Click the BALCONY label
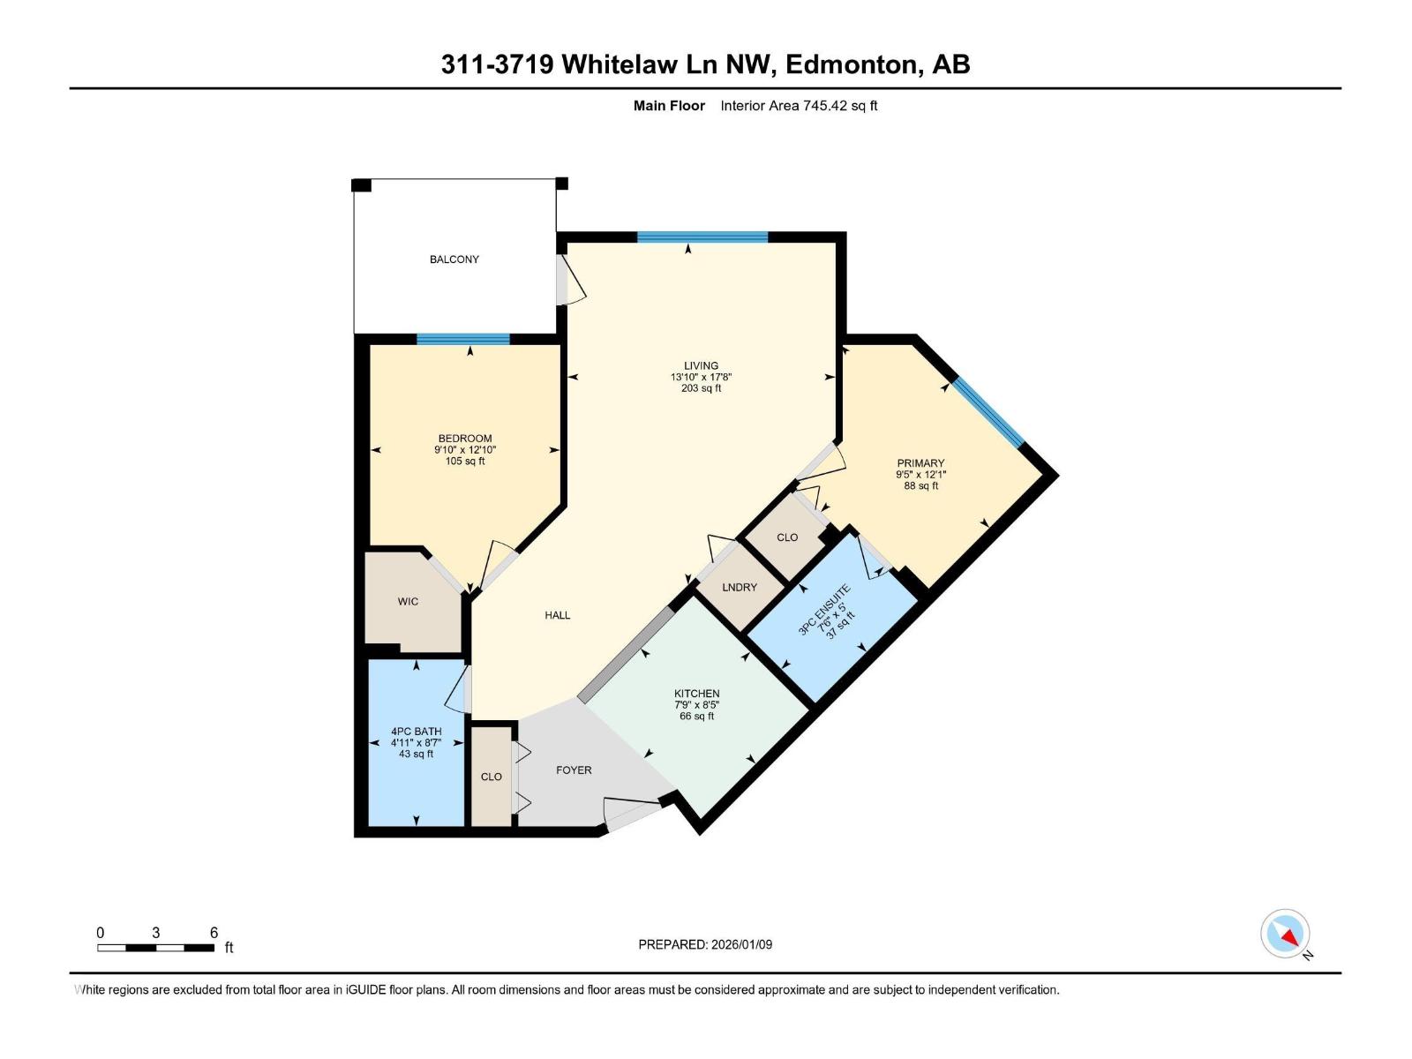[454, 259]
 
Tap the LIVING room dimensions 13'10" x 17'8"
[701, 377]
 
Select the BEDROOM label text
[465, 439]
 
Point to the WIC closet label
[408, 602]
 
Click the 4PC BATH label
[416, 732]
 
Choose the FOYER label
[574, 770]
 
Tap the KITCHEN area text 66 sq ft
[696, 717]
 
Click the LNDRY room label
[740, 588]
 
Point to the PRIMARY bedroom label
[920, 463]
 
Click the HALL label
[557, 616]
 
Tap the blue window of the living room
[702, 237]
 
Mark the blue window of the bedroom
[463, 339]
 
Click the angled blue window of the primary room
[988, 412]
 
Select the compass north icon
[1285, 934]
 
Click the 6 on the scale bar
[214, 933]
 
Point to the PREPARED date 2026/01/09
[740, 944]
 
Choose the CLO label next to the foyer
[491, 777]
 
